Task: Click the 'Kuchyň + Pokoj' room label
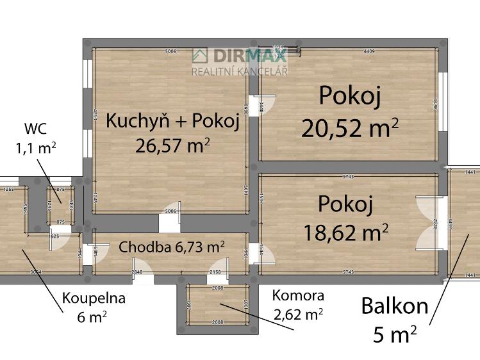coord(172,121)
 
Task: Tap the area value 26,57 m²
coord(172,145)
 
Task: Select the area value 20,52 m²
coord(350,128)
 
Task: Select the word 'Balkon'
coord(394,306)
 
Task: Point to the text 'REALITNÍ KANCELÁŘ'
coord(240,70)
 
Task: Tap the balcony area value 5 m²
coord(394,333)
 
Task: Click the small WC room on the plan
coord(61,204)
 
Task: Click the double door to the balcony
coord(428,224)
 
